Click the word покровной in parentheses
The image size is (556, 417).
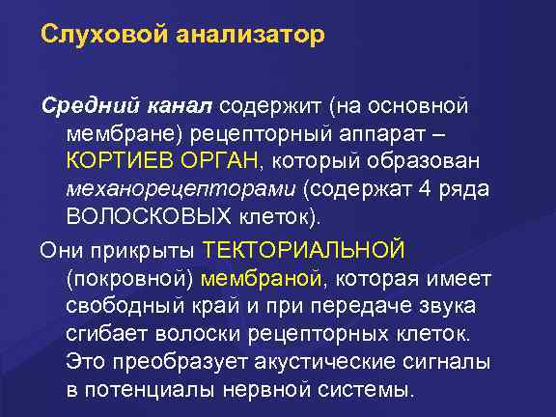click(x=133, y=279)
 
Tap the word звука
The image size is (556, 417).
click(x=459, y=306)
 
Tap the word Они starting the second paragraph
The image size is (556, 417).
click(x=60, y=251)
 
